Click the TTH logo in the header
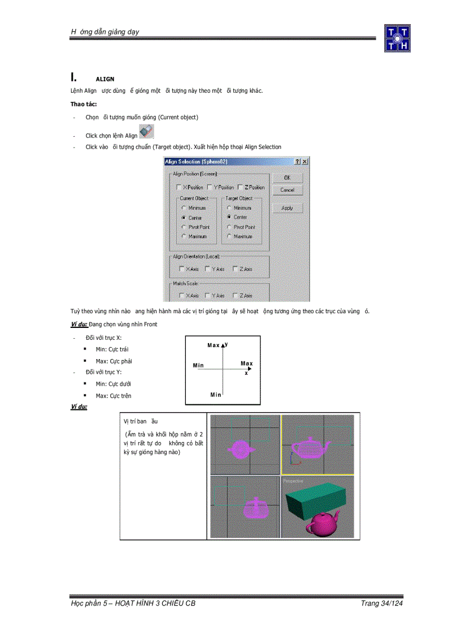point(397,38)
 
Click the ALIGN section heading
point(105,79)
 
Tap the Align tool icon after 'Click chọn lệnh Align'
point(146,132)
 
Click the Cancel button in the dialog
point(287,190)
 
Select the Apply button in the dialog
point(287,208)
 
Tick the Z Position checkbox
point(240,187)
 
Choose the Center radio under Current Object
point(184,218)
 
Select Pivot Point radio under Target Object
point(229,227)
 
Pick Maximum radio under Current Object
point(184,236)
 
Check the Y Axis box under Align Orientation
point(208,269)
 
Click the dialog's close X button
point(305,162)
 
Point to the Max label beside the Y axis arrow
point(214,345)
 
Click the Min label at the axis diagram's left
point(198,365)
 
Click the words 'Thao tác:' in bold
point(84,104)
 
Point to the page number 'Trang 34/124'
point(382,603)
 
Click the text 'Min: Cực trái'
point(112,349)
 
